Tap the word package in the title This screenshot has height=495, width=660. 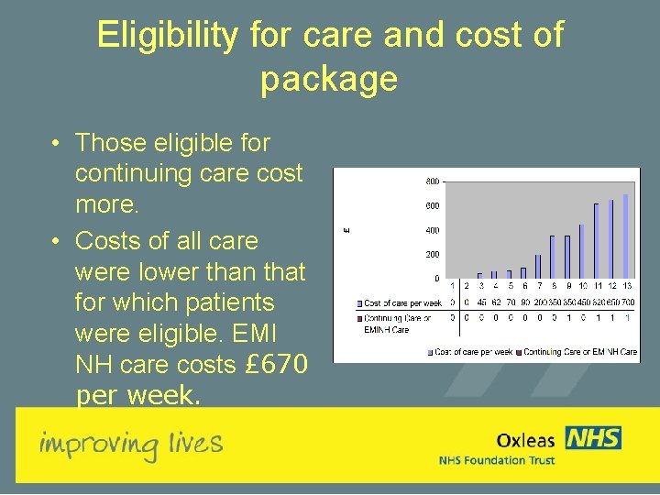[x=329, y=79]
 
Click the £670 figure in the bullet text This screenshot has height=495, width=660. [x=276, y=365]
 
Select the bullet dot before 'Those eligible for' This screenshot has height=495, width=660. [x=57, y=143]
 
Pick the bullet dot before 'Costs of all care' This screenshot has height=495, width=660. [x=57, y=241]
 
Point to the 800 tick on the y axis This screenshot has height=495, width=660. [x=432, y=181]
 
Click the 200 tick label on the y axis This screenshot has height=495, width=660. [x=432, y=254]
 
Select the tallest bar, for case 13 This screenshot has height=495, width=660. [x=625, y=236]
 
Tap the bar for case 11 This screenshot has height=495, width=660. [x=596, y=240]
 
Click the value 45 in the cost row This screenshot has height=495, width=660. [x=482, y=302]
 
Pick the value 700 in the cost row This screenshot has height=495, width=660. [x=628, y=302]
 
